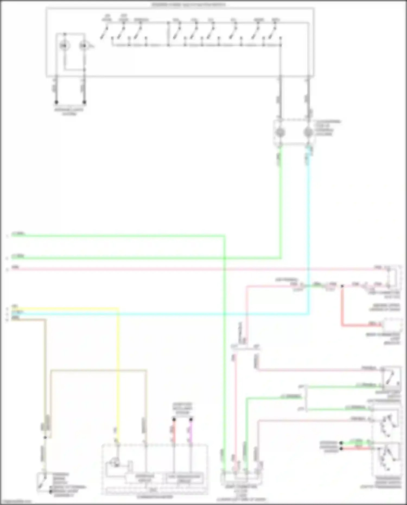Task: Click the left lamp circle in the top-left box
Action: pos(64,46)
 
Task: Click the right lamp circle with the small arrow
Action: pos(83,46)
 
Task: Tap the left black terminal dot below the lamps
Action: pos(56,102)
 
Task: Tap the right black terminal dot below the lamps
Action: pos(84,102)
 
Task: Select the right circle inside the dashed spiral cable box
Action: pos(308,132)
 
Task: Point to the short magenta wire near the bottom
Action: pos(191,431)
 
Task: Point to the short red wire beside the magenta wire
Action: pos(174,431)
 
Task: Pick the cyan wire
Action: pos(309,231)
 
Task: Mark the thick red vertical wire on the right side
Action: pos(342,307)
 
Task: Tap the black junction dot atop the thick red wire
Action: pos(342,286)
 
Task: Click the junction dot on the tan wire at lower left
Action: pos(45,437)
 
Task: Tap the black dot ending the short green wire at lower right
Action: pos(341,443)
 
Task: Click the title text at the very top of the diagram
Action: pos(188,5)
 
